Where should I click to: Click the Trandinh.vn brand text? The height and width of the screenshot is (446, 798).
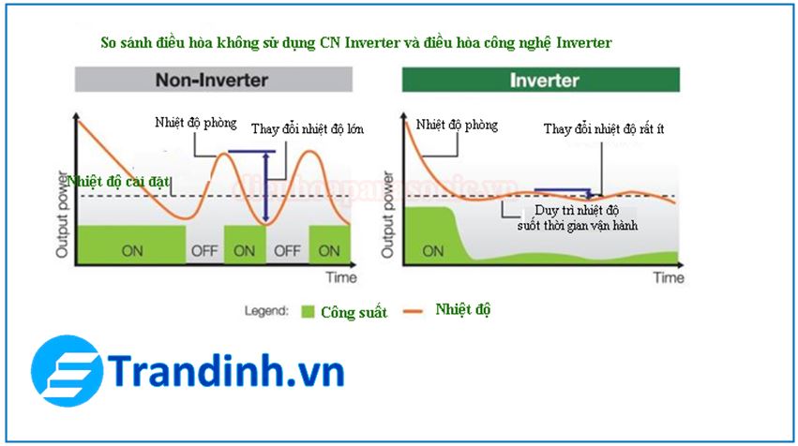click(225, 372)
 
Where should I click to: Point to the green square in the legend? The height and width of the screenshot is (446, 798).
click(308, 311)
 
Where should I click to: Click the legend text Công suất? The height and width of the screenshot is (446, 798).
click(354, 312)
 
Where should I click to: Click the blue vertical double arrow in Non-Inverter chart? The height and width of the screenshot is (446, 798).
click(267, 187)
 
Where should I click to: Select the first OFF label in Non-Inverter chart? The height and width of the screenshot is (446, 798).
click(204, 251)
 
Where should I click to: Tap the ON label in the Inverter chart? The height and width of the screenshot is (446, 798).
click(432, 251)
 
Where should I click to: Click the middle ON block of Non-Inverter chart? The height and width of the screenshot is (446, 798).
click(244, 251)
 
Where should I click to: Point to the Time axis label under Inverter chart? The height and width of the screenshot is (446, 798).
click(669, 277)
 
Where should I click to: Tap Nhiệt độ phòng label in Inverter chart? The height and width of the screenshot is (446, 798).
click(457, 125)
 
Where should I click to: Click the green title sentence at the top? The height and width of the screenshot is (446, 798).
click(356, 43)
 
